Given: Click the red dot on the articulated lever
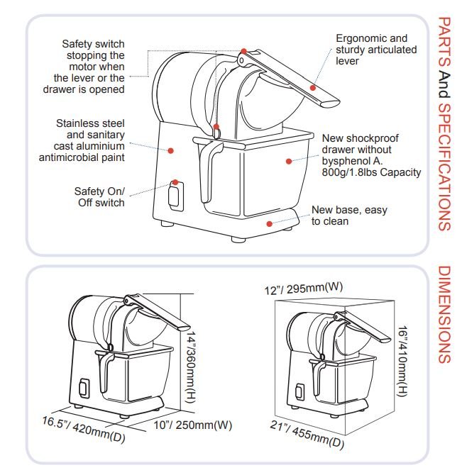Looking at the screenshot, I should pos(312,87).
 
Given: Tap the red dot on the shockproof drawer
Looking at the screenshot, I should pos(288,161).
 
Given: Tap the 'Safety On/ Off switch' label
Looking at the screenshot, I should pos(99,196).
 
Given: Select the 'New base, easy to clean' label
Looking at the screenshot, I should pos(340,216).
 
